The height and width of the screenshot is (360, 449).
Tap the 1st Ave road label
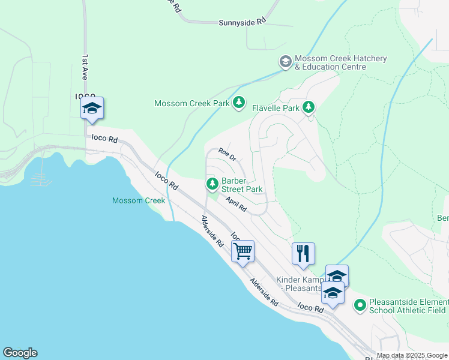[85, 70]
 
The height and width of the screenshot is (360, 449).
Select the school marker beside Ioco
[92, 109]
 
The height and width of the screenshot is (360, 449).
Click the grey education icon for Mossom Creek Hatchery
[285, 61]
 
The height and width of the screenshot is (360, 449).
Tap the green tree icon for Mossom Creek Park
[239, 103]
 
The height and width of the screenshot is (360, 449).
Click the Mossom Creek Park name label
[192, 103]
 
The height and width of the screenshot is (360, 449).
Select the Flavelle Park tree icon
[309, 108]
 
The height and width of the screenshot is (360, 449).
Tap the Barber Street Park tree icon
[211, 184]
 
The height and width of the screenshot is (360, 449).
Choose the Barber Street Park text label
[242, 185]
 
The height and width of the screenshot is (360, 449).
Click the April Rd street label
[237, 205]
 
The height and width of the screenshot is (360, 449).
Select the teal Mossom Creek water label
[138, 200]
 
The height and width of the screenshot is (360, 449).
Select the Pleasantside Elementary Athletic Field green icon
[360, 305]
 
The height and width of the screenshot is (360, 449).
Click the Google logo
[20, 353]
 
